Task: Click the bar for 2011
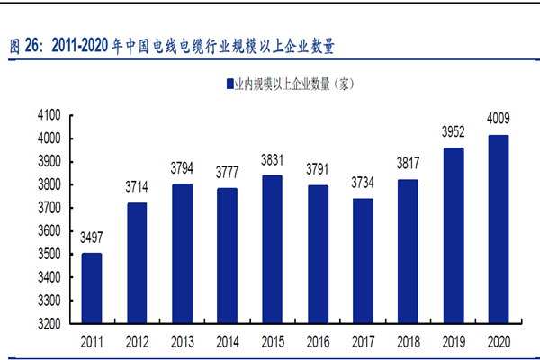click(92, 287)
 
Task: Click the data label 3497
click(92, 238)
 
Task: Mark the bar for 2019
click(453, 235)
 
